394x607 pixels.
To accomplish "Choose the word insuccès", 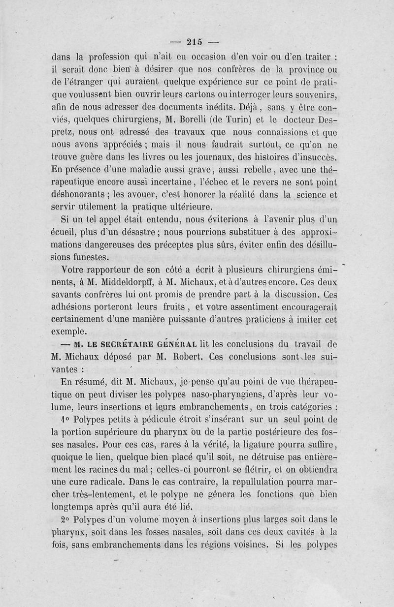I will pos(313,156).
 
